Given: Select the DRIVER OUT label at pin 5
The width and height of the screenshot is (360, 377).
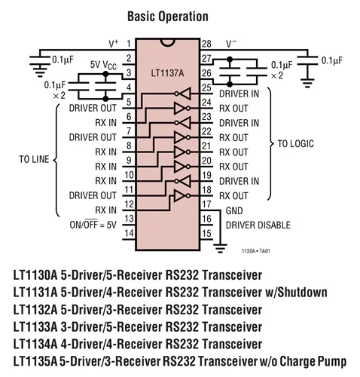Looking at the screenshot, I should pyautogui.click(x=91, y=107).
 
